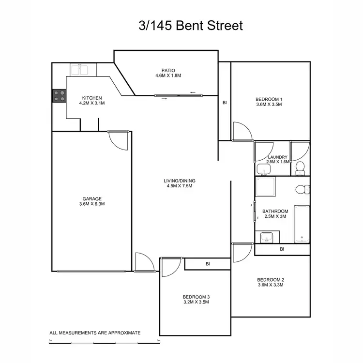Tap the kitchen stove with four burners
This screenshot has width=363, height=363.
tap(59, 95)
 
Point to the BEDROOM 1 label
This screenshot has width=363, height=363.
tap(269, 100)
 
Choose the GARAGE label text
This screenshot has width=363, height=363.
tap(91, 198)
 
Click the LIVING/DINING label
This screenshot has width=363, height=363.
tap(179, 181)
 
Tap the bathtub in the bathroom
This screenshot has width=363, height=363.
tap(302, 224)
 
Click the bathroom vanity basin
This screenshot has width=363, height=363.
tap(266, 237)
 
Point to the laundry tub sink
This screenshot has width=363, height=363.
tap(263, 169)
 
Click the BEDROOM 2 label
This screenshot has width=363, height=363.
tap(270, 279)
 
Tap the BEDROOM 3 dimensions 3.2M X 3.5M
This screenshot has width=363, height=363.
tap(196, 302)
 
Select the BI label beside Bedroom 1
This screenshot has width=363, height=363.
tap(225, 103)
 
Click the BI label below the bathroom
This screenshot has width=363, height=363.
tap(282, 249)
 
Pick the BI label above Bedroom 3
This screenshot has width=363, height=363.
tap(208, 264)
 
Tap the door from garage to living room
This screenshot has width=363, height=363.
tap(119, 140)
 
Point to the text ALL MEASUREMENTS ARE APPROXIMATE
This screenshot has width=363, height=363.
tap(95, 333)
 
